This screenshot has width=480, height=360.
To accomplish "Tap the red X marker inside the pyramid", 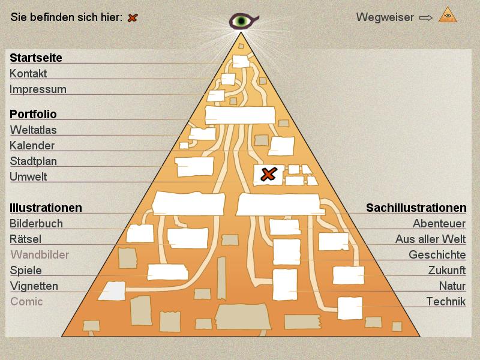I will (268, 175).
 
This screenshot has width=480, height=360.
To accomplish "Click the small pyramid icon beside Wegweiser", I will (448, 15).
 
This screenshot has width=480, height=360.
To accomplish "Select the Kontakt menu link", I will (28, 74).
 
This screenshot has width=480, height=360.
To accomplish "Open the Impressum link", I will (38, 89).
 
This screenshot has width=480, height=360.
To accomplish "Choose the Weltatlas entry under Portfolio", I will (33, 130).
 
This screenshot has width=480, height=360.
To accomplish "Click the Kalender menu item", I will (32, 145).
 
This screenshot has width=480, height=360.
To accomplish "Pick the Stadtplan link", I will (34, 161).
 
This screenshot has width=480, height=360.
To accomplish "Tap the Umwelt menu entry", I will (28, 177).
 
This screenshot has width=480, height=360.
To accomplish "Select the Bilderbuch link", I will (36, 223).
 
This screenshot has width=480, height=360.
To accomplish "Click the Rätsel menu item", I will (25, 239).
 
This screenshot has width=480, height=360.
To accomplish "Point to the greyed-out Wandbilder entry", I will (40, 254).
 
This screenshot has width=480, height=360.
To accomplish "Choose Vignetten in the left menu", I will (34, 286).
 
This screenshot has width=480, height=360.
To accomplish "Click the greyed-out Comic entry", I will (26, 301).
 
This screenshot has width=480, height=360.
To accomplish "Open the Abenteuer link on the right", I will (439, 223).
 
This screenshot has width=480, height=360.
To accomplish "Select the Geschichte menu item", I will (437, 254).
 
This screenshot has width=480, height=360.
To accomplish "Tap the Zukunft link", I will (446, 270).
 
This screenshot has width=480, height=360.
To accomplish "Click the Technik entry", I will (446, 301).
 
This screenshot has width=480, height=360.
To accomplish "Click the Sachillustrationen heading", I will (416, 208).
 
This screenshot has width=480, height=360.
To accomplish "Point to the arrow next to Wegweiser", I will (425, 17).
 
